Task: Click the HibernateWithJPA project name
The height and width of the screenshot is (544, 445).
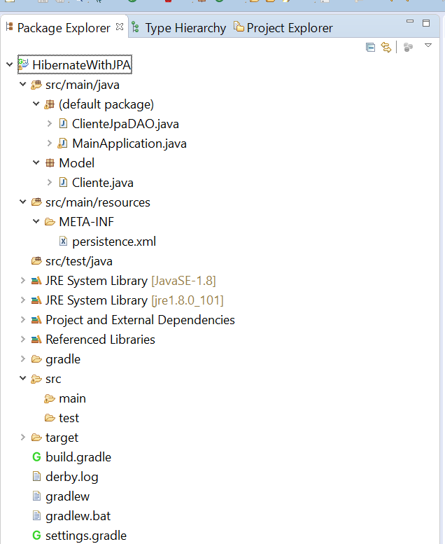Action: click(x=81, y=65)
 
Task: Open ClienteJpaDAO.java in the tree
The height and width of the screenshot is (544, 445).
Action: click(x=125, y=124)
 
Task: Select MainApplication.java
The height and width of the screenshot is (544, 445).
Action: click(x=129, y=144)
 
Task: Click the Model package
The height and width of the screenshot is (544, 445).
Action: click(x=77, y=163)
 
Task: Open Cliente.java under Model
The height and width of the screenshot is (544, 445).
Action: click(x=102, y=183)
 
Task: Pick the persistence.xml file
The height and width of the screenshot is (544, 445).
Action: click(x=114, y=242)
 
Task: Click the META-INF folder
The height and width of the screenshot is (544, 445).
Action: click(x=86, y=222)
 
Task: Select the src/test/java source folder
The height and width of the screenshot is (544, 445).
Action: click(x=79, y=261)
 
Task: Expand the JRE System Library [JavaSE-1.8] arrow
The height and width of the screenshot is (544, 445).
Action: click(x=23, y=280)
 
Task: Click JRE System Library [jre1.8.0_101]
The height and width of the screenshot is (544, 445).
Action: click(x=134, y=300)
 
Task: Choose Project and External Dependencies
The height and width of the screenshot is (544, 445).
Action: click(x=140, y=320)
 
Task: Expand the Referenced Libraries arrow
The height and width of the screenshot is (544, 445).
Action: click(x=23, y=339)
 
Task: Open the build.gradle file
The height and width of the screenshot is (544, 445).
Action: click(x=78, y=457)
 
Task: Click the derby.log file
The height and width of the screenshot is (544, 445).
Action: click(x=72, y=477)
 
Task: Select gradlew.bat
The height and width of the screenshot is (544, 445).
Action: click(x=78, y=516)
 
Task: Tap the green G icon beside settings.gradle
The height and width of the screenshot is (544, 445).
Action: click(x=36, y=536)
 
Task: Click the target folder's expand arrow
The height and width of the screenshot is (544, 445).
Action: click(x=23, y=437)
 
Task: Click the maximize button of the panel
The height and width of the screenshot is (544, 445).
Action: click(x=426, y=23)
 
